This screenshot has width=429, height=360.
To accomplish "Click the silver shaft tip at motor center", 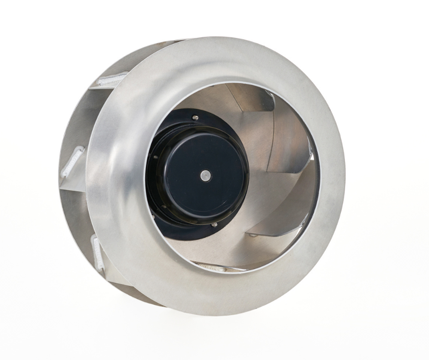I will coord(205,174).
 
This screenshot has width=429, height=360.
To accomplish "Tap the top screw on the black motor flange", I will coord(195,118).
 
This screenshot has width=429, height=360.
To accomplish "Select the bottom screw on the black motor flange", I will coord(214,225).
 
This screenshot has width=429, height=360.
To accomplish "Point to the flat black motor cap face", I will coord(205,169).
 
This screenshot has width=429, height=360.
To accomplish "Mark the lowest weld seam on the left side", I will coord(98,253).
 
